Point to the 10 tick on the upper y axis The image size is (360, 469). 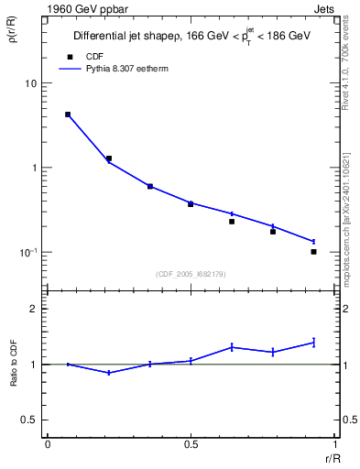tap(34, 83)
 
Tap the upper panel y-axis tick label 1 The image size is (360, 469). tap(38, 168)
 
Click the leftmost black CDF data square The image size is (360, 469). tap(68, 115)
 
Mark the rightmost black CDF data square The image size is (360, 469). tap(313, 251)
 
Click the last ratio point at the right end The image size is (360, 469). tap(313, 343)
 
